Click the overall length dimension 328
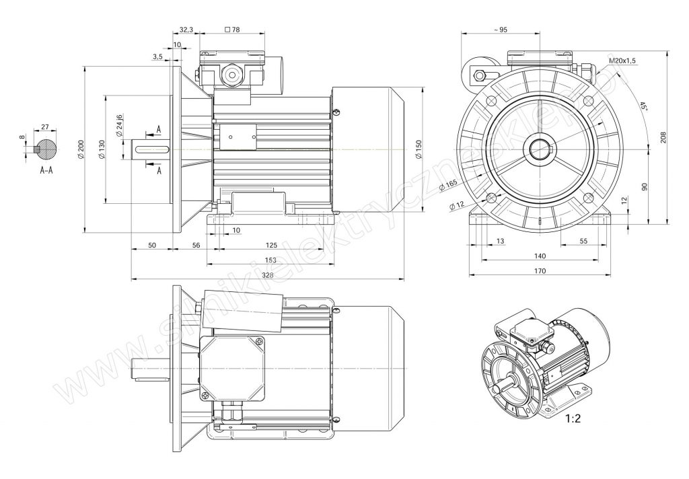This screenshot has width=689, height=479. [x=268, y=275]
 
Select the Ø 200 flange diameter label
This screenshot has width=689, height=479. [x=80, y=150]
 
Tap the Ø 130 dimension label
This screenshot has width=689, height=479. [x=102, y=150]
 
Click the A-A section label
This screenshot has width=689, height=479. [x=46, y=170]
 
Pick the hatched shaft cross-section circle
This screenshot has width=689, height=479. [x=46, y=149]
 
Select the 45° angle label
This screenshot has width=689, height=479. [x=643, y=106]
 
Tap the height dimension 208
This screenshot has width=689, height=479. [x=663, y=138]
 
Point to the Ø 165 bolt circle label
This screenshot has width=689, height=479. [x=448, y=185]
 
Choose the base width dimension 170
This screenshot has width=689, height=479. [x=540, y=270]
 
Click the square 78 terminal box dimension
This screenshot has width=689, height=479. [x=232, y=30]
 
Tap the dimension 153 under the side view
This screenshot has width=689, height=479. [x=270, y=260]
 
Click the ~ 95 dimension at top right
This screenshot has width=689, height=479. [x=500, y=30]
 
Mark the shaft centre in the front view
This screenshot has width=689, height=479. [x=539, y=149]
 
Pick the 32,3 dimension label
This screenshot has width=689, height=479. [x=186, y=30]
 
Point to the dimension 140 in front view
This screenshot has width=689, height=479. [x=540, y=256]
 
